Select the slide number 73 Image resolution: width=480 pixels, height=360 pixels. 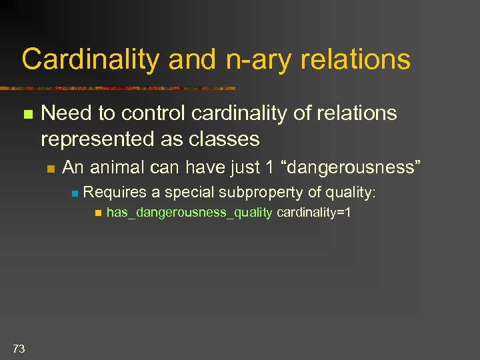(x=19, y=347)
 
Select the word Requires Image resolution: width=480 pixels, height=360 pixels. (x=115, y=193)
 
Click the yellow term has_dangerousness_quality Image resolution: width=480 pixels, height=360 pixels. (x=189, y=213)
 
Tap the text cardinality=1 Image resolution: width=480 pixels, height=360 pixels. (x=313, y=213)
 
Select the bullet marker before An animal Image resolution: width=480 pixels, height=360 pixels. (x=51, y=168)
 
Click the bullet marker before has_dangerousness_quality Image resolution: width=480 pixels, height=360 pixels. (x=97, y=213)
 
